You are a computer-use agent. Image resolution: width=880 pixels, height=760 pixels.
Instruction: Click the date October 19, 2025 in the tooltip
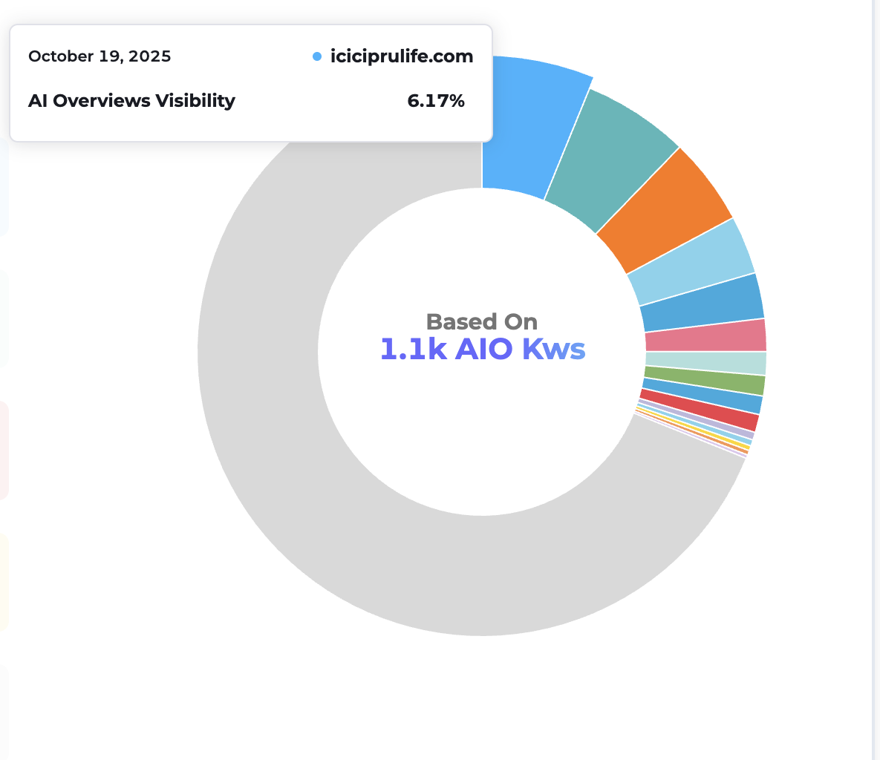pos(100,56)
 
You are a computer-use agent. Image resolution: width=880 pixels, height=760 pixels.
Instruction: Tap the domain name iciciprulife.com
pos(402,56)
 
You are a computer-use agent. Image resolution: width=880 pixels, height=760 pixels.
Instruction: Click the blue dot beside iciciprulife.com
pos(317,56)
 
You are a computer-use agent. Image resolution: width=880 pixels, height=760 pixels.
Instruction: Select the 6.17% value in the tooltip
pos(436,101)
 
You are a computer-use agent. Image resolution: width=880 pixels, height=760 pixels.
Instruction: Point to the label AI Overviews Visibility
pos(131,101)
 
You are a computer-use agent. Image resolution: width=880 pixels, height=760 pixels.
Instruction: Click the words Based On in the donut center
pos(482,321)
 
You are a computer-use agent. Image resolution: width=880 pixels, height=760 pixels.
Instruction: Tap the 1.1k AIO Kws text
pos(483,349)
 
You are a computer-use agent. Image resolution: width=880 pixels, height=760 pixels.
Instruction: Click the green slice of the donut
pos(706,379)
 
